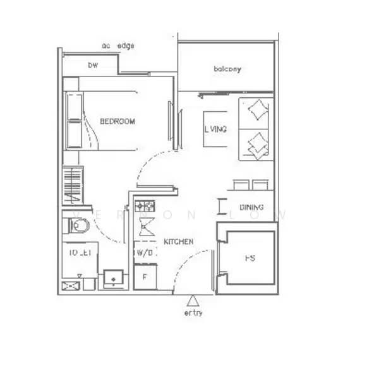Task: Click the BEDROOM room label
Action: [117, 121]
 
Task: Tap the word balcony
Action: [227, 69]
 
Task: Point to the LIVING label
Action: [216, 129]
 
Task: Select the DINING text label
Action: [251, 208]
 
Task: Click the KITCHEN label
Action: [179, 242]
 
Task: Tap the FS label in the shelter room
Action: [249, 258]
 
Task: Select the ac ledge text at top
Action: [117, 45]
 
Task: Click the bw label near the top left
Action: [93, 65]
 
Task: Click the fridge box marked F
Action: [145, 276]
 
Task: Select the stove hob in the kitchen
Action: [145, 206]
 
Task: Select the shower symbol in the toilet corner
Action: [69, 286]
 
